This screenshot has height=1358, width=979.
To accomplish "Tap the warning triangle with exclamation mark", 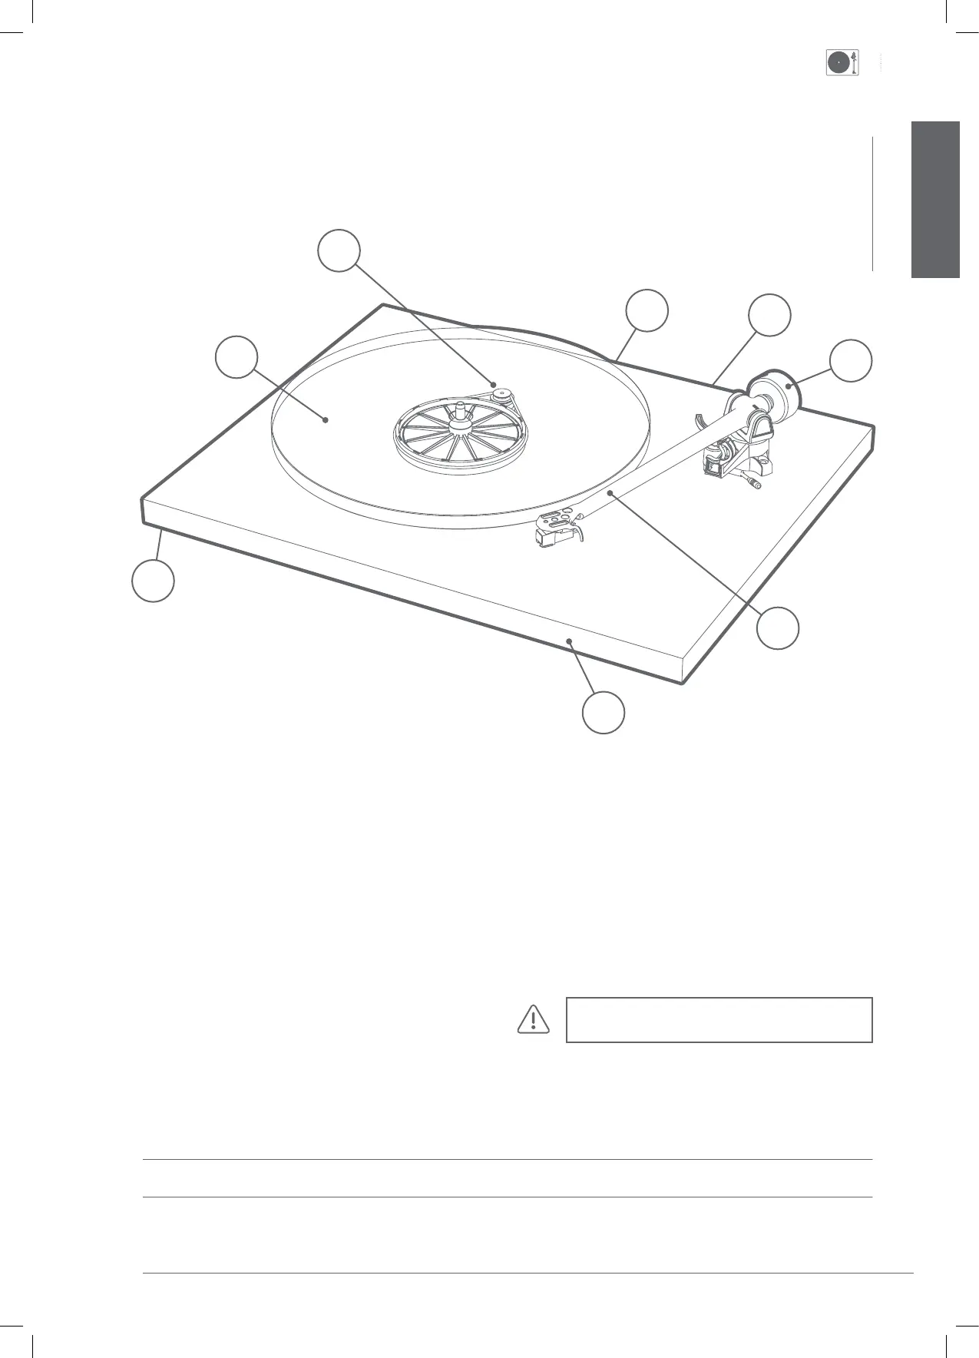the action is [x=532, y=1019].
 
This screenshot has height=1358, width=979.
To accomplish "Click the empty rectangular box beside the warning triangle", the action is [x=719, y=1019].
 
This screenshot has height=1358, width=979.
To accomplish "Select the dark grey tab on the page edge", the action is [x=935, y=200].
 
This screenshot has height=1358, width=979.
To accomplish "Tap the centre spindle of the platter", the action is [x=458, y=409].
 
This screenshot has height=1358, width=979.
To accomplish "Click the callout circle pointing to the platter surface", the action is [x=236, y=356].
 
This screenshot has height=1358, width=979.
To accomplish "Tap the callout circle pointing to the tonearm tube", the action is [x=777, y=628].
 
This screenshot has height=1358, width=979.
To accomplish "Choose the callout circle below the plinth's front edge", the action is [x=603, y=712].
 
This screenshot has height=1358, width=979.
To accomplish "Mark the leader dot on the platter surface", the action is [x=326, y=419].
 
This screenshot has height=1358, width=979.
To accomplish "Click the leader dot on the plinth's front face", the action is [x=568, y=640].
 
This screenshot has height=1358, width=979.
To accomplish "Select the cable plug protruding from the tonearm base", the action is [x=756, y=484].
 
